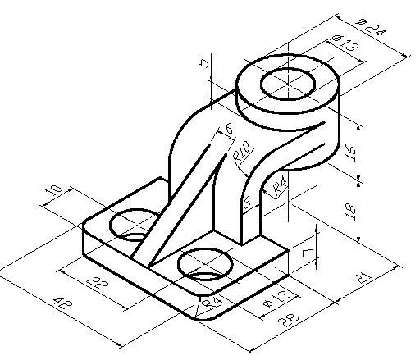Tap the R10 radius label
point(243,153)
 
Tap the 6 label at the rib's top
point(229,129)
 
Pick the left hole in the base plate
point(131,224)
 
